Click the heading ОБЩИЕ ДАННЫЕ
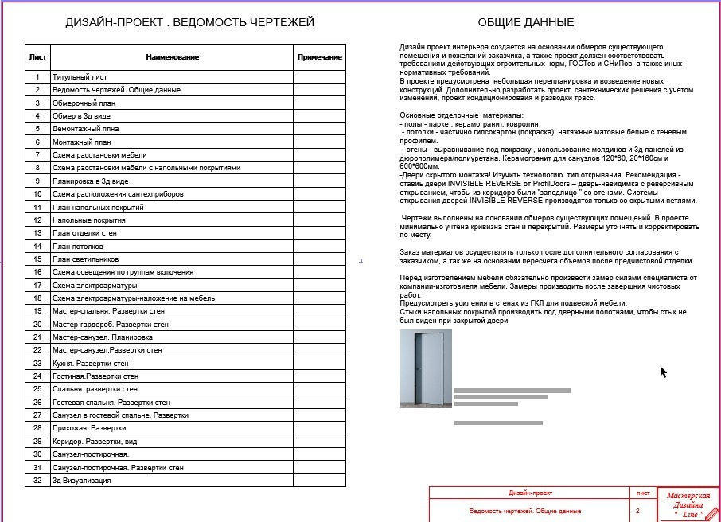point(525,22)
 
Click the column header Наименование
point(172,57)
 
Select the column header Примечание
point(319,57)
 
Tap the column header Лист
point(37,57)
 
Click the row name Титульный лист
point(80,77)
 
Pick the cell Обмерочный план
point(84,103)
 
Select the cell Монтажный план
point(83,142)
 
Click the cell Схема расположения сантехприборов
point(118,194)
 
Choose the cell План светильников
point(85,259)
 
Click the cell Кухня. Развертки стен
point(90,364)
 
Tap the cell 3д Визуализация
point(81,481)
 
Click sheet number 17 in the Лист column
point(37,286)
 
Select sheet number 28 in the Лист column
point(37,428)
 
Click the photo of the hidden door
point(426,368)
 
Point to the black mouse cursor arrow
point(663,371)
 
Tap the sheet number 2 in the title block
point(637,510)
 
